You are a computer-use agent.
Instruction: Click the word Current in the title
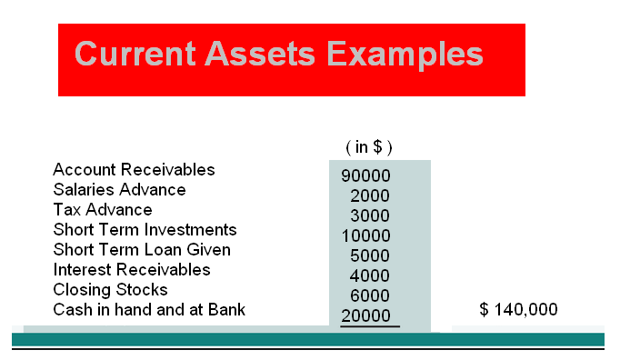pyautogui.click(x=135, y=54)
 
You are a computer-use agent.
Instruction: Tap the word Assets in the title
pyautogui.click(x=260, y=54)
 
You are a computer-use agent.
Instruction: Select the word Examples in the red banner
pyautogui.click(x=405, y=55)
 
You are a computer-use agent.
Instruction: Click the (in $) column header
pyautogui.click(x=369, y=147)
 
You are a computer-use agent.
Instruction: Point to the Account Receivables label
pyautogui.click(x=134, y=170)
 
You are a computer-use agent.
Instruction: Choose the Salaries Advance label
pyautogui.click(x=119, y=190)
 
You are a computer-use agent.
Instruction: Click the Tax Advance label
pyautogui.click(x=103, y=210)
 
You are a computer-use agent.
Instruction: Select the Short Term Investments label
pyautogui.click(x=145, y=230)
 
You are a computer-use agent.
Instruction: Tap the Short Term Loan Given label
pyautogui.click(x=142, y=250)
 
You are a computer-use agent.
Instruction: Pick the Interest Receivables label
pyautogui.click(x=132, y=270)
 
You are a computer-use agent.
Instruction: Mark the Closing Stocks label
pyautogui.click(x=110, y=290)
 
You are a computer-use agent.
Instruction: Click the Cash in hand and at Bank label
pyautogui.click(x=149, y=310)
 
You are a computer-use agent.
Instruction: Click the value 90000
pyautogui.click(x=365, y=175)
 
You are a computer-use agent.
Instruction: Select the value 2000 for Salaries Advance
pyautogui.click(x=370, y=195)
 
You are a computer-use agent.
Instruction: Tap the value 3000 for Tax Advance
pyautogui.click(x=370, y=215)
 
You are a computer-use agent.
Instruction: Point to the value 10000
pyautogui.click(x=365, y=235)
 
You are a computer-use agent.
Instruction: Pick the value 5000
pyautogui.click(x=370, y=255)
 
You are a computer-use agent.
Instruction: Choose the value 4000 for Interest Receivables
pyautogui.click(x=370, y=275)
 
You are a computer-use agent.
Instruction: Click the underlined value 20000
pyautogui.click(x=365, y=315)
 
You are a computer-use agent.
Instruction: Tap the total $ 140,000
pyautogui.click(x=518, y=309)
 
